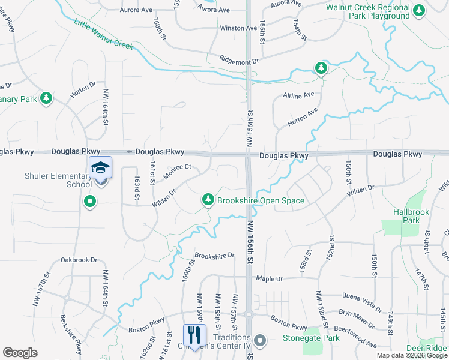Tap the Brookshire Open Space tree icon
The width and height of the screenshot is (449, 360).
[208, 199]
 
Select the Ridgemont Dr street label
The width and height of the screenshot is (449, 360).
[238, 61]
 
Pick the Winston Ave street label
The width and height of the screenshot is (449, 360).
[238, 28]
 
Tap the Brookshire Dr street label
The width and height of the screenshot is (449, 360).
[214, 256]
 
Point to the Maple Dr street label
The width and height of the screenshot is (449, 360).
[269, 279]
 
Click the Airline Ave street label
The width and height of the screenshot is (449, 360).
[300, 95]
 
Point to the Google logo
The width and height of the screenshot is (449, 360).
[20, 353]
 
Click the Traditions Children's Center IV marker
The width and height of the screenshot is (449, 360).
[259, 341]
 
